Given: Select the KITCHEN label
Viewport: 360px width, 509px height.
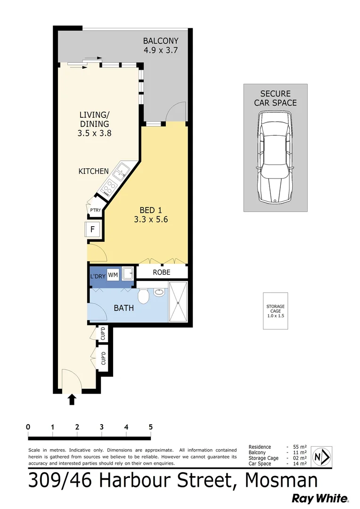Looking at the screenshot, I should (93, 171).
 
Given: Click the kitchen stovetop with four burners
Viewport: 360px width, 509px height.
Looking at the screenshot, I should (109, 187).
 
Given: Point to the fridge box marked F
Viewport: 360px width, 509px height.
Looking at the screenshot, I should (93, 230).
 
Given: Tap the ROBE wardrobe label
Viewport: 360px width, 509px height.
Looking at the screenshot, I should (162, 272).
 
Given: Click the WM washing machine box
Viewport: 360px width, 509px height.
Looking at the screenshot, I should (113, 274).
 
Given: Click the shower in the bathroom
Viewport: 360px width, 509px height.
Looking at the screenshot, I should (178, 302).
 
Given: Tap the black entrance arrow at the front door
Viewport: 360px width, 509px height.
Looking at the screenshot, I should (72, 400).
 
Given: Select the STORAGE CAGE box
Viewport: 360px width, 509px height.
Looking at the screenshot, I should (275, 311).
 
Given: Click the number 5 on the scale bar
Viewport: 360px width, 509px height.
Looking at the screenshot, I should (151, 427).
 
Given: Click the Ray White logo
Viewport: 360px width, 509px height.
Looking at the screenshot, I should (320, 498).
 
